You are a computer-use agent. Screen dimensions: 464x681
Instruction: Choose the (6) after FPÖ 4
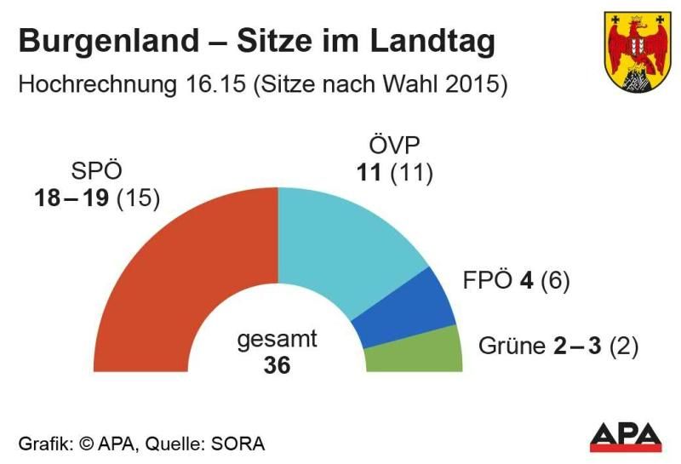554,281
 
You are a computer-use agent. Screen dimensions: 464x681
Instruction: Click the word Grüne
508,347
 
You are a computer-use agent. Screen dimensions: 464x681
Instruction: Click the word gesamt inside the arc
277,339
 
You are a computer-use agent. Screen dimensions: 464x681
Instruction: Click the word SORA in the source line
239,444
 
